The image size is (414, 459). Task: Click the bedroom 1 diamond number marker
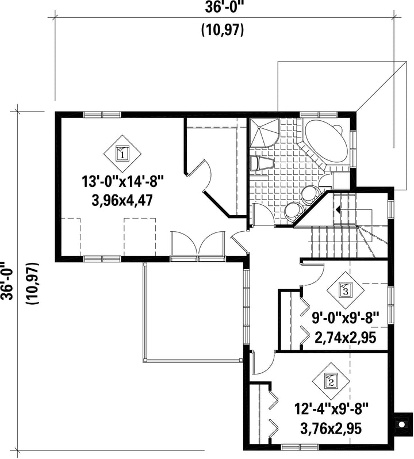pyautogui.click(x=122, y=154)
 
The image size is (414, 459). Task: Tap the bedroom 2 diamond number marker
pyautogui.click(x=331, y=382)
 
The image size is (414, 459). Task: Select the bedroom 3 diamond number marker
pyautogui.click(x=345, y=290)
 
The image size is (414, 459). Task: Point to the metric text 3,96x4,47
pyautogui.click(x=122, y=201)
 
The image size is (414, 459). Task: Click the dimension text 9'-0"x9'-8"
pyautogui.click(x=345, y=318)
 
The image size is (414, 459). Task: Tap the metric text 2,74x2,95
pyautogui.click(x=345, y=338)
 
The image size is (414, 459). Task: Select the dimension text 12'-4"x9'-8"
pyautogui.click(x=331, y=408)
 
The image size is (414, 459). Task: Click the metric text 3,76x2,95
pyautogui.click(x=331, y=429)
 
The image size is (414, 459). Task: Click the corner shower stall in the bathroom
pyautogui.click(x=263, y=132)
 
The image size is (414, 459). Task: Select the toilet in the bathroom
pyautogui.click(x=261, y=163)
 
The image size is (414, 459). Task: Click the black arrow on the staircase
pyautogui.click(x=338, y=209)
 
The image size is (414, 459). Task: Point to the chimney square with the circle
pyautogui.click(x=401, y=424)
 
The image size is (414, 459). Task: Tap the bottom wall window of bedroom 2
pyautogui.click(x=300, y=447)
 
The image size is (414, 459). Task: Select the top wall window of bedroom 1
pyautogui.click(x=102, y=114)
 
